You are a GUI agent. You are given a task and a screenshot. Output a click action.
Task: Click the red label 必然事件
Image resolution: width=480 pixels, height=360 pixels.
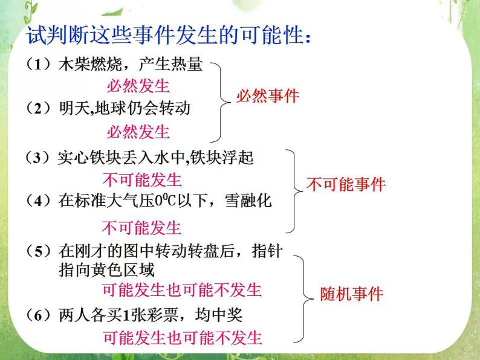[x=268, y=96]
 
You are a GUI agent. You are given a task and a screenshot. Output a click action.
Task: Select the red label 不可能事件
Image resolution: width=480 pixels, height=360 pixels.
[x=346, y=185]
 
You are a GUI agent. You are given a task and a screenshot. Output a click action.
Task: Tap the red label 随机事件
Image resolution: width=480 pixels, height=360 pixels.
[x=351, y=294]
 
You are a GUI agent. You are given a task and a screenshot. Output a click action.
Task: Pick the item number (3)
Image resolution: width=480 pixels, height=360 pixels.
[x=40, y=158]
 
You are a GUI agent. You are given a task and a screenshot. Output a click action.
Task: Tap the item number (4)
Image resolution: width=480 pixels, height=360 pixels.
[x=40, y=201]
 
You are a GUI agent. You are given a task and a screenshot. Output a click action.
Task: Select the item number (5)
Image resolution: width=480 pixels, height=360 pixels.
[x=40, y=250]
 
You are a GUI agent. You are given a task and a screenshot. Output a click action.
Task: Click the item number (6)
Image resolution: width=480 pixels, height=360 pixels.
[x=40, y=314]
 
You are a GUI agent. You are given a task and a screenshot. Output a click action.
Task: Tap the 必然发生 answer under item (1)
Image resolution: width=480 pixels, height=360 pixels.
[x=138, y=86]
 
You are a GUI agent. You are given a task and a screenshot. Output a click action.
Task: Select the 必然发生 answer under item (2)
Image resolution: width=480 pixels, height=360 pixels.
[x=138, y=131]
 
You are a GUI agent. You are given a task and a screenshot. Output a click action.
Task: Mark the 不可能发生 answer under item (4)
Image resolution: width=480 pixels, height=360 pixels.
[x=142, y=228]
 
